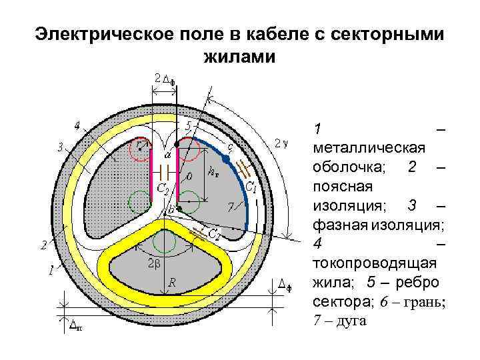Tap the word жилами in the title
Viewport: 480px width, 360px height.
pyautogui.click(x=238, y=57)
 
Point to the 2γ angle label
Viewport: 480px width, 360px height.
pyautogui.click(x=281, y=143)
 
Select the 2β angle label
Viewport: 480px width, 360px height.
pyautogui.click(x=153, y=263)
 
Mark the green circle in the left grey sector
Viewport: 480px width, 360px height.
pyautogui.click(x=140, y=201)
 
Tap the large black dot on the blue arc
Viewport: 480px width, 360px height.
pyautogui.click(x=226, y=160)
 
